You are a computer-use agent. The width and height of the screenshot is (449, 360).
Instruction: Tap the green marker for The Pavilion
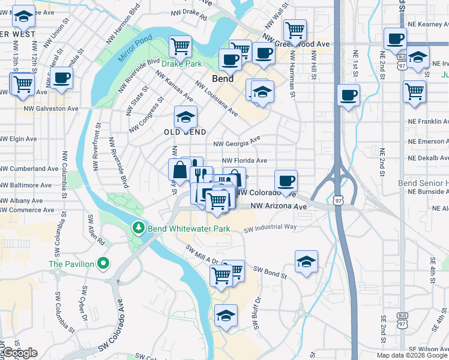point(104,263)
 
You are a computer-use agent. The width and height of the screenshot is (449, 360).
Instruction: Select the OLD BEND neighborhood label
point(186,132)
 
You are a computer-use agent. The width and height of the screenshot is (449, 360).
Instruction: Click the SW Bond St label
point(270,271)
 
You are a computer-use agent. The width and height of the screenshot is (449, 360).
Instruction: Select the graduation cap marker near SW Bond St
point(306,261)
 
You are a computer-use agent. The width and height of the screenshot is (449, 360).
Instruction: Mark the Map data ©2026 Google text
point(411,355)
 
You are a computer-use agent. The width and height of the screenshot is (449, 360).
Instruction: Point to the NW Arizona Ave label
point(279,206)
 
